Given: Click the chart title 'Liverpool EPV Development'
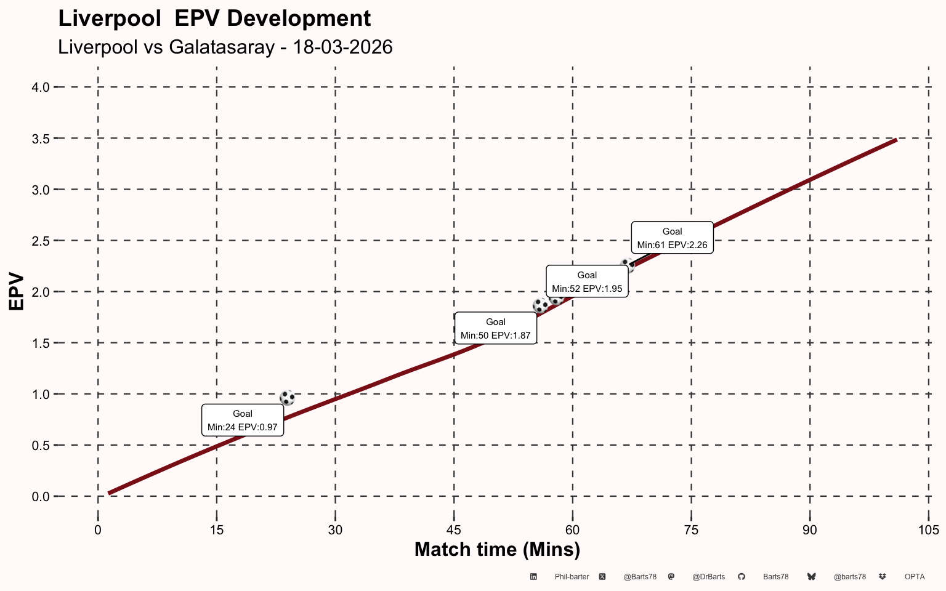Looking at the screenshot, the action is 214,19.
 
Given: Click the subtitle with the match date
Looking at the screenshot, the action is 225,47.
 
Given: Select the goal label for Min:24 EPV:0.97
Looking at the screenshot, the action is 243,420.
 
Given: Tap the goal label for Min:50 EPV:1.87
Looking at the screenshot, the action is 496,328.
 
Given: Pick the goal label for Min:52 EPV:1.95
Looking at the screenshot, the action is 587,281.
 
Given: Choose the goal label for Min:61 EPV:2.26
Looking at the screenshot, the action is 673,238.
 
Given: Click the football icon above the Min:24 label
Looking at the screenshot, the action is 287,398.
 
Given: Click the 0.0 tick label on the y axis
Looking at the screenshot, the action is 41,497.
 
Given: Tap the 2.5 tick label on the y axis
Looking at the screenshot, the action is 41,241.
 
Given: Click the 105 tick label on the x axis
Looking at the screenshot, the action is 929,530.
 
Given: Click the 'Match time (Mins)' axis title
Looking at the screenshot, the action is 498,550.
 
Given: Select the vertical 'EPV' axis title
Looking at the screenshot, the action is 17,292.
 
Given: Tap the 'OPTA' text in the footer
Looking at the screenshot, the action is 915,577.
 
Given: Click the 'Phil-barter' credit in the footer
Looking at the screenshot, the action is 572,577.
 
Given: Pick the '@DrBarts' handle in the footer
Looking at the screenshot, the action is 709,577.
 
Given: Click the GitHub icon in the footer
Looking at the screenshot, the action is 742,577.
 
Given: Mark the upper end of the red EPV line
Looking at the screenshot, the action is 897,139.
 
